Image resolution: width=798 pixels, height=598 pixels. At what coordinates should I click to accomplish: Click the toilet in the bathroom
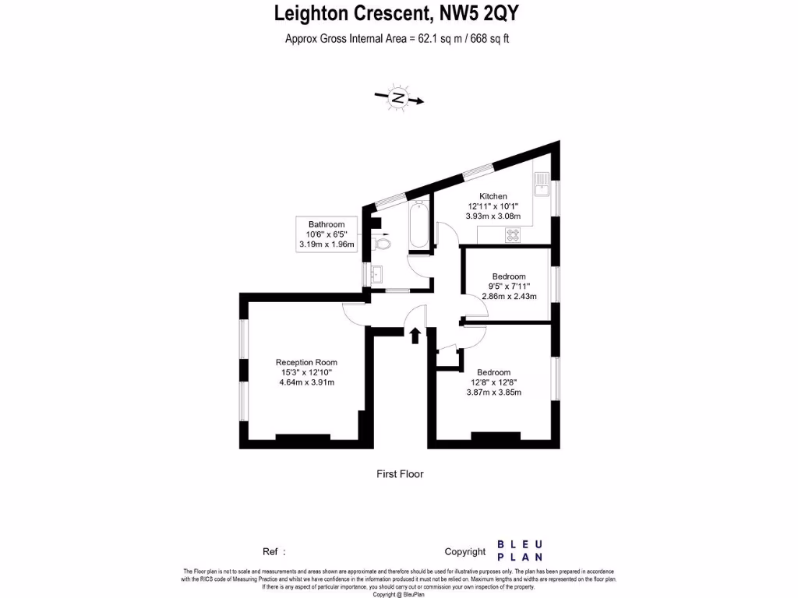tap(383, 244)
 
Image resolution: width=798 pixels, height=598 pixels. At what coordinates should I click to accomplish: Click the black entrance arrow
tap(415, 335)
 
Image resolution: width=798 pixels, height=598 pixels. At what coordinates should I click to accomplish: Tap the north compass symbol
tap(398, 98)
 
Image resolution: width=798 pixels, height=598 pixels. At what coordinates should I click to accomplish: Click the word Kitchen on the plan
tap(493, 196)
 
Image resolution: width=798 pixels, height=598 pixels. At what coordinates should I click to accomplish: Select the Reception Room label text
tap(306, 362)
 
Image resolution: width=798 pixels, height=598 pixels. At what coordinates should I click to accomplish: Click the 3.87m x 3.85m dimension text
tap(493, 392)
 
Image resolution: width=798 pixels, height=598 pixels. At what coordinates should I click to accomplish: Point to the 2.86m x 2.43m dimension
tap(509, 296)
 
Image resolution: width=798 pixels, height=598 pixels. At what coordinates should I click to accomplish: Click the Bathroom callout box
tap(327, 234)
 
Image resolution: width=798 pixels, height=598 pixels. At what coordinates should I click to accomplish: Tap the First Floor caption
tap(400, 473)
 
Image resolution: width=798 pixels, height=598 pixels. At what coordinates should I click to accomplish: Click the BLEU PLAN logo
tap(520, 551)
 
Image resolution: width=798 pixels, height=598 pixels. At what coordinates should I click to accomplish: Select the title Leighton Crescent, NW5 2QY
tap(398, 13)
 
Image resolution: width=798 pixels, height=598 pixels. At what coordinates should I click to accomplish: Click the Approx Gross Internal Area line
tap(398, 37)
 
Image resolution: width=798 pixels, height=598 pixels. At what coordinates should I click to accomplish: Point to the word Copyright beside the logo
tap(464, 551)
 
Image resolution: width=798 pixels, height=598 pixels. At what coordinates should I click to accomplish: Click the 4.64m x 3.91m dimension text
tap(306, 382)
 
